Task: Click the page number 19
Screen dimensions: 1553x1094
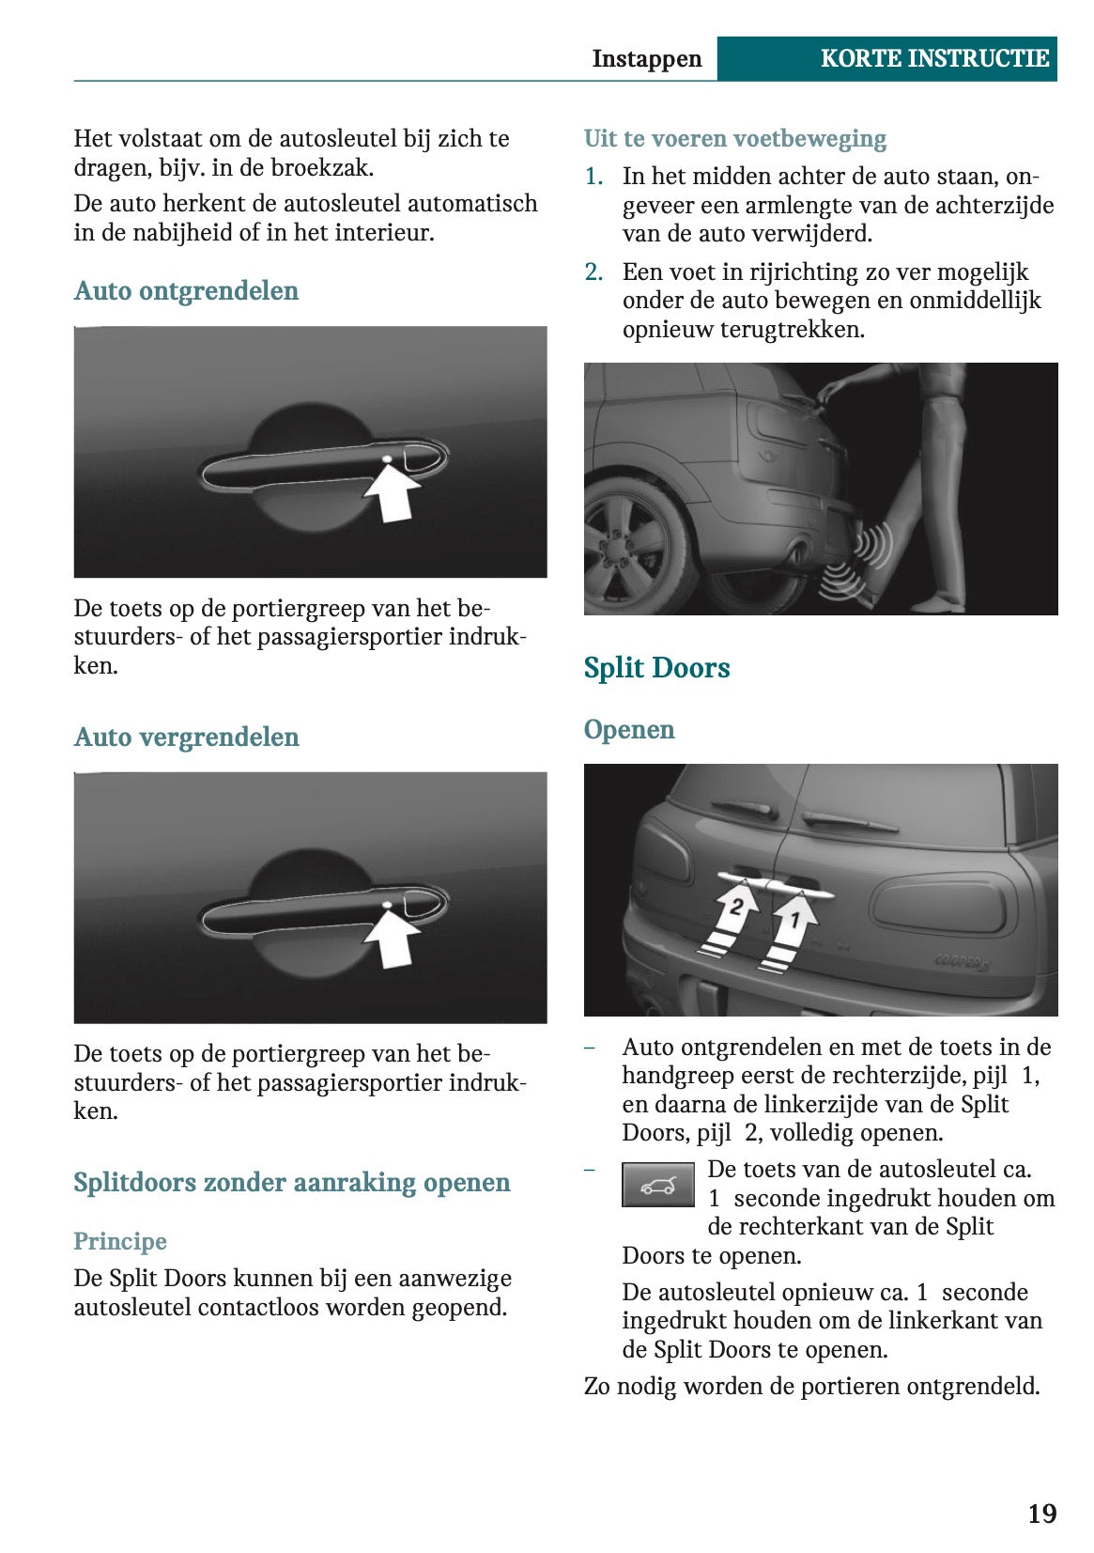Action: click(x=1041, y=1514)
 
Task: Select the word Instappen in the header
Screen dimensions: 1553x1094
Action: click(x=646, y=58)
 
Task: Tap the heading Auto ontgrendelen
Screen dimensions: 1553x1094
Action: click(x=186, y=290)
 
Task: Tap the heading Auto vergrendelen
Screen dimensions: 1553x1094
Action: click(x=186, y=737)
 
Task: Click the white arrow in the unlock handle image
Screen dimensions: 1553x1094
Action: click(x=393, y=490)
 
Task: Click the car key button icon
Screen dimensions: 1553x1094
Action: click(x=657, y=1185)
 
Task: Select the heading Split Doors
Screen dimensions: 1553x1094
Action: click(x=656, y=668)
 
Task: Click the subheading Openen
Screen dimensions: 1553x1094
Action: click(x=628, y=730)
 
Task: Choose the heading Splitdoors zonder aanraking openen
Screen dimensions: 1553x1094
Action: click(x=291, y=1182)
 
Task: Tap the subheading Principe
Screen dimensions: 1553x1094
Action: click(x=120, y=1241)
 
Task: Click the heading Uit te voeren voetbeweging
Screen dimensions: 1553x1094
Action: click(x=734, y=139)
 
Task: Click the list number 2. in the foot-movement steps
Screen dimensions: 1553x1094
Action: click(x=593, y=272)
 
